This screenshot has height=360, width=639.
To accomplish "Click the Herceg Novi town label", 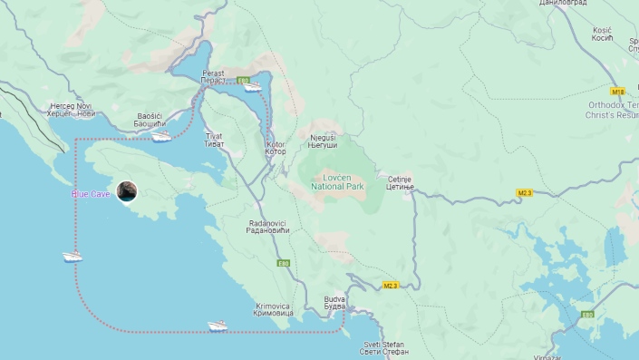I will click(x=73, y=110).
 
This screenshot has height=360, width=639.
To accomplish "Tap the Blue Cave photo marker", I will click(x=129, y=191).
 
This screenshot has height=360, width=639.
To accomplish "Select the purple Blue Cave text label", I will click(x=92, y=194).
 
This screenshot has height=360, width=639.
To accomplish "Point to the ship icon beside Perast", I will click(x=251, y=87).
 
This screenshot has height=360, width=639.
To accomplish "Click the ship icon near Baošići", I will click(x=161, y=136).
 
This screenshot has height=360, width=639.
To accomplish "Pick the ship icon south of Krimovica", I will click(x=217, y=326).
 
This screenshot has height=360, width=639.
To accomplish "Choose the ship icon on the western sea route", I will click(x=72, y=257).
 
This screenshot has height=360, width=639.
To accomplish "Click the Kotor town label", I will click(x=276, y=148).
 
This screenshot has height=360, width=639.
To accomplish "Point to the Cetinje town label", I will click(x=399, y=182).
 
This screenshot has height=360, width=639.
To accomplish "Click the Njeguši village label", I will click(x=324, y=141).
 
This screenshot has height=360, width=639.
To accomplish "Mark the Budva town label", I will click(x=334, y=302).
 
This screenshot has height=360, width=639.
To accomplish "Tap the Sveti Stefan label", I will click(x=385, y=348).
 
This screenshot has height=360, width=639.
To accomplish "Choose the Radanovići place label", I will click(x=267, y=226).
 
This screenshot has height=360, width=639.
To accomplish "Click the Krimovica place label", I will click(x=273, y=309).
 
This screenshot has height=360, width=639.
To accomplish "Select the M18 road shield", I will click(x=618, y=92).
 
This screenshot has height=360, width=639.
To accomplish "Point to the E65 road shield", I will click(x=587, y=315).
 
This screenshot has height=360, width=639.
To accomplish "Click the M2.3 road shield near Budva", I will click(x=390, y=286).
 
